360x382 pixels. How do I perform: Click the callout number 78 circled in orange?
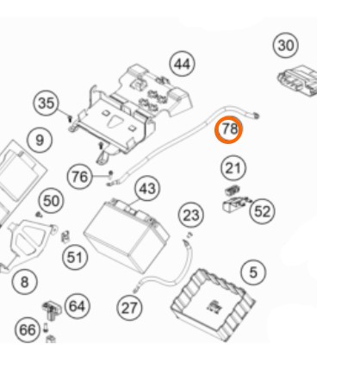coord(229,129)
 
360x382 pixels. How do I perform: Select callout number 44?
coord(183,64)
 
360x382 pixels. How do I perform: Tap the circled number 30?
coord(286,46)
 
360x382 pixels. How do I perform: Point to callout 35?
coord(46,103)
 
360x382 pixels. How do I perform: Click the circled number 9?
coord(40,140)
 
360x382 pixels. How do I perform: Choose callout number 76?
coord(79,177)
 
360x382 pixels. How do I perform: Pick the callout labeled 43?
coord(147,189)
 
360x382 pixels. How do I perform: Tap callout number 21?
coord(233,168)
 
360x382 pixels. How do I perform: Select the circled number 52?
coord(262,212)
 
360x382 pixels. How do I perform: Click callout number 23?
coord(191,215)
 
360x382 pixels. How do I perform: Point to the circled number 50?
coord(51,201)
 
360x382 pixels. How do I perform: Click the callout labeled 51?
coord(75,257)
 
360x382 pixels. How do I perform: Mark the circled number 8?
coord(25,282)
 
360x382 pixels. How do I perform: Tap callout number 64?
coord(78,306)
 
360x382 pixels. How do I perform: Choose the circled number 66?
coord(28,329)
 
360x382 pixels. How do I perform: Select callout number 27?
coord(129,308)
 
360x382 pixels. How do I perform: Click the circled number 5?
coord(253,272)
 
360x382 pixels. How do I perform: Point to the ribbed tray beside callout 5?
coord(213,304)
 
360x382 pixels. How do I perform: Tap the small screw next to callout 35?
coord(70,118)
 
